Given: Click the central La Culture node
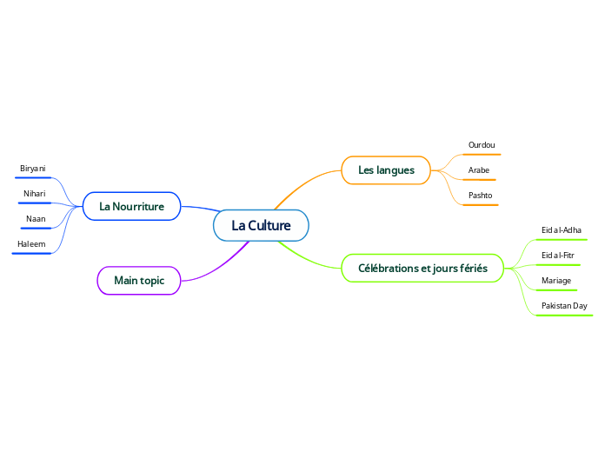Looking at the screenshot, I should [261, 226].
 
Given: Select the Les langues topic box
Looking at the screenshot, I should [386, 169].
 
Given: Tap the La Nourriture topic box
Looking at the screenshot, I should [131, 206].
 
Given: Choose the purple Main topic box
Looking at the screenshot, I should [139, 280].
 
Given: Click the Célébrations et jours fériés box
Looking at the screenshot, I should [422, 268].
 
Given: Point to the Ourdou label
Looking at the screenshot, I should [482, 144].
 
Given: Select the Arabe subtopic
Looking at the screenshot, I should [479, 169].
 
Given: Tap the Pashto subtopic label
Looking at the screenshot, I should [480, 195].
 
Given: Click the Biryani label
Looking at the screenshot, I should [33, 168].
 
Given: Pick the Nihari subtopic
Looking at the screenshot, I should [34, 193].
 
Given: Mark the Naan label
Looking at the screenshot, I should [36, 218].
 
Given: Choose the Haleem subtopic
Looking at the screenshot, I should [31, 244].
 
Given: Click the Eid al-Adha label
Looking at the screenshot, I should [562, 229].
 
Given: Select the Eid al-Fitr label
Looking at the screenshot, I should [558, 255].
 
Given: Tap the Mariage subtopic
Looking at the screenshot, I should [556, 280].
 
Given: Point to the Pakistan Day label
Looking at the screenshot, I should [564, 306].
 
